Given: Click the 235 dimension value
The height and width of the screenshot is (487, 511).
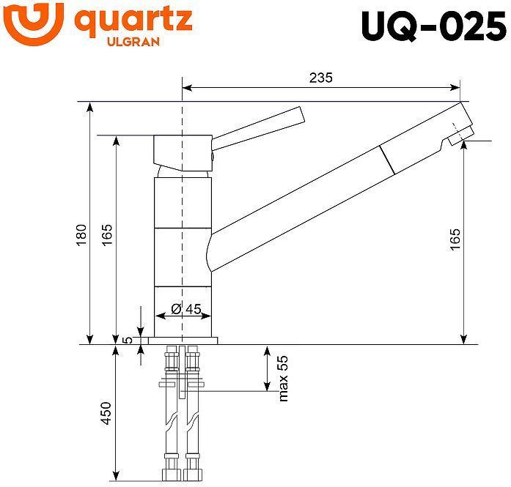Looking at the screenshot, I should (x=320, y=78).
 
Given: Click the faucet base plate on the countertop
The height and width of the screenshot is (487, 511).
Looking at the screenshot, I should (x=183, y=341).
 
